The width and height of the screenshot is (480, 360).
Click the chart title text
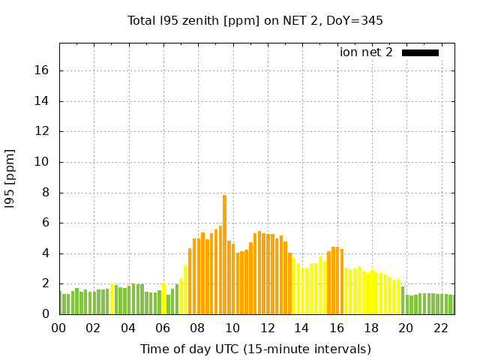255,20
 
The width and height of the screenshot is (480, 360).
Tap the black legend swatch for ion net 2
420,52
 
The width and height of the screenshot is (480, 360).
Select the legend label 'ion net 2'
366,52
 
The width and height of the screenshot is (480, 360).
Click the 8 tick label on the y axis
45,192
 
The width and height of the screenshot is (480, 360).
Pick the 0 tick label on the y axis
45,314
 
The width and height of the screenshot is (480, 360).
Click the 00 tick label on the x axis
58,328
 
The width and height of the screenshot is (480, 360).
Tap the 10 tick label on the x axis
232,328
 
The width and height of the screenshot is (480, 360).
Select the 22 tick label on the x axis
441,328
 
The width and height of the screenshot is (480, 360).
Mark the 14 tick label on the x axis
302,328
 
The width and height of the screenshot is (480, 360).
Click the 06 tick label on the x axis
163,328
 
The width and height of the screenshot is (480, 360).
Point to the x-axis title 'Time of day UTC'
255,349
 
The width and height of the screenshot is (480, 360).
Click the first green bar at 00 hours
61,303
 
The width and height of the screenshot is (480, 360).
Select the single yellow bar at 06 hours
164,298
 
